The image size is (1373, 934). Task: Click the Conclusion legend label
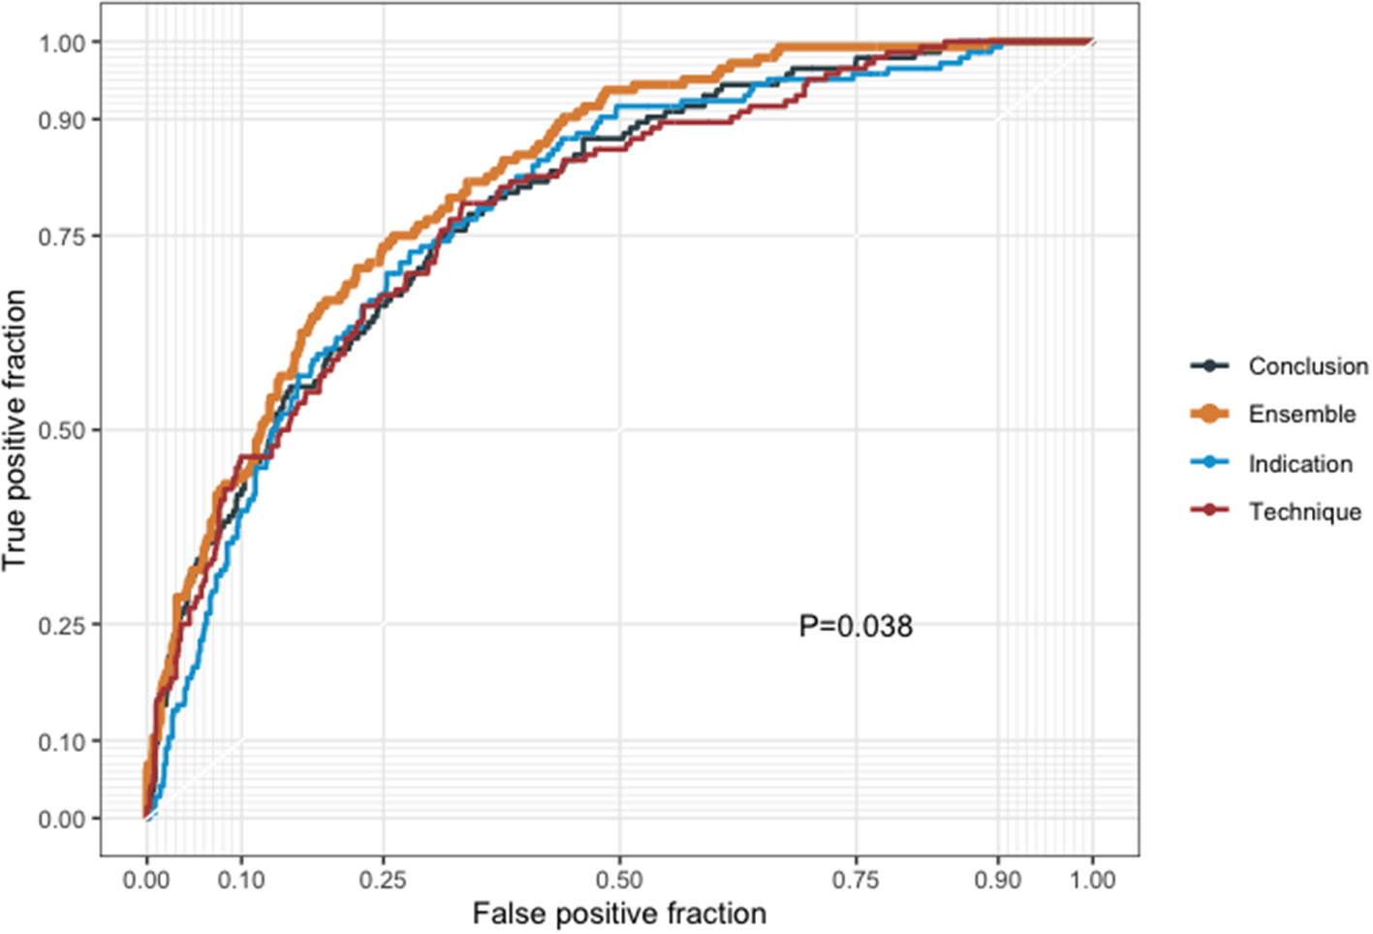coord(1307,366)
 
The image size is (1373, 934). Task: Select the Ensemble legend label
coord(1301,415)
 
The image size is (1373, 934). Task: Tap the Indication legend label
coord(1299,464)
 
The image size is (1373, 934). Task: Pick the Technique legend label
coord(1304,512)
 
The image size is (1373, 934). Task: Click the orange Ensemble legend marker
coord(1209,414)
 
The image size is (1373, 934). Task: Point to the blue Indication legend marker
coord(1209,463)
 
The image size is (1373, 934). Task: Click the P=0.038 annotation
coord(856,627)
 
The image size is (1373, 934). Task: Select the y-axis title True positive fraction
coord(15,430)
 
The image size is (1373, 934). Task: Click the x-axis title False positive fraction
coord(619,914)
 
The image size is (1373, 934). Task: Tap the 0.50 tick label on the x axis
coord(619,880)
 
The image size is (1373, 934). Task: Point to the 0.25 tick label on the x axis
coord(383,880)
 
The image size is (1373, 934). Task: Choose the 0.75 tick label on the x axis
coord(856,880)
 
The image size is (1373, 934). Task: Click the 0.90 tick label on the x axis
coord(998,880)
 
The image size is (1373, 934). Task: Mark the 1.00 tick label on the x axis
coord(1092,880)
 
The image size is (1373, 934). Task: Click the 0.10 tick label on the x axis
coord(240,880)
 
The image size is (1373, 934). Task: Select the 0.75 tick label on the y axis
coord(62,236)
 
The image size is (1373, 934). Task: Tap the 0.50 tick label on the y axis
coord(62,430)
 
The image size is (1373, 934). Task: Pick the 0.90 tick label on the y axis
coord(62,120)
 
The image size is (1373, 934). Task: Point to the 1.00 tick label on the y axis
coord(62,43)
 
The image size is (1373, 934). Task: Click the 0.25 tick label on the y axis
coord(62,625)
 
